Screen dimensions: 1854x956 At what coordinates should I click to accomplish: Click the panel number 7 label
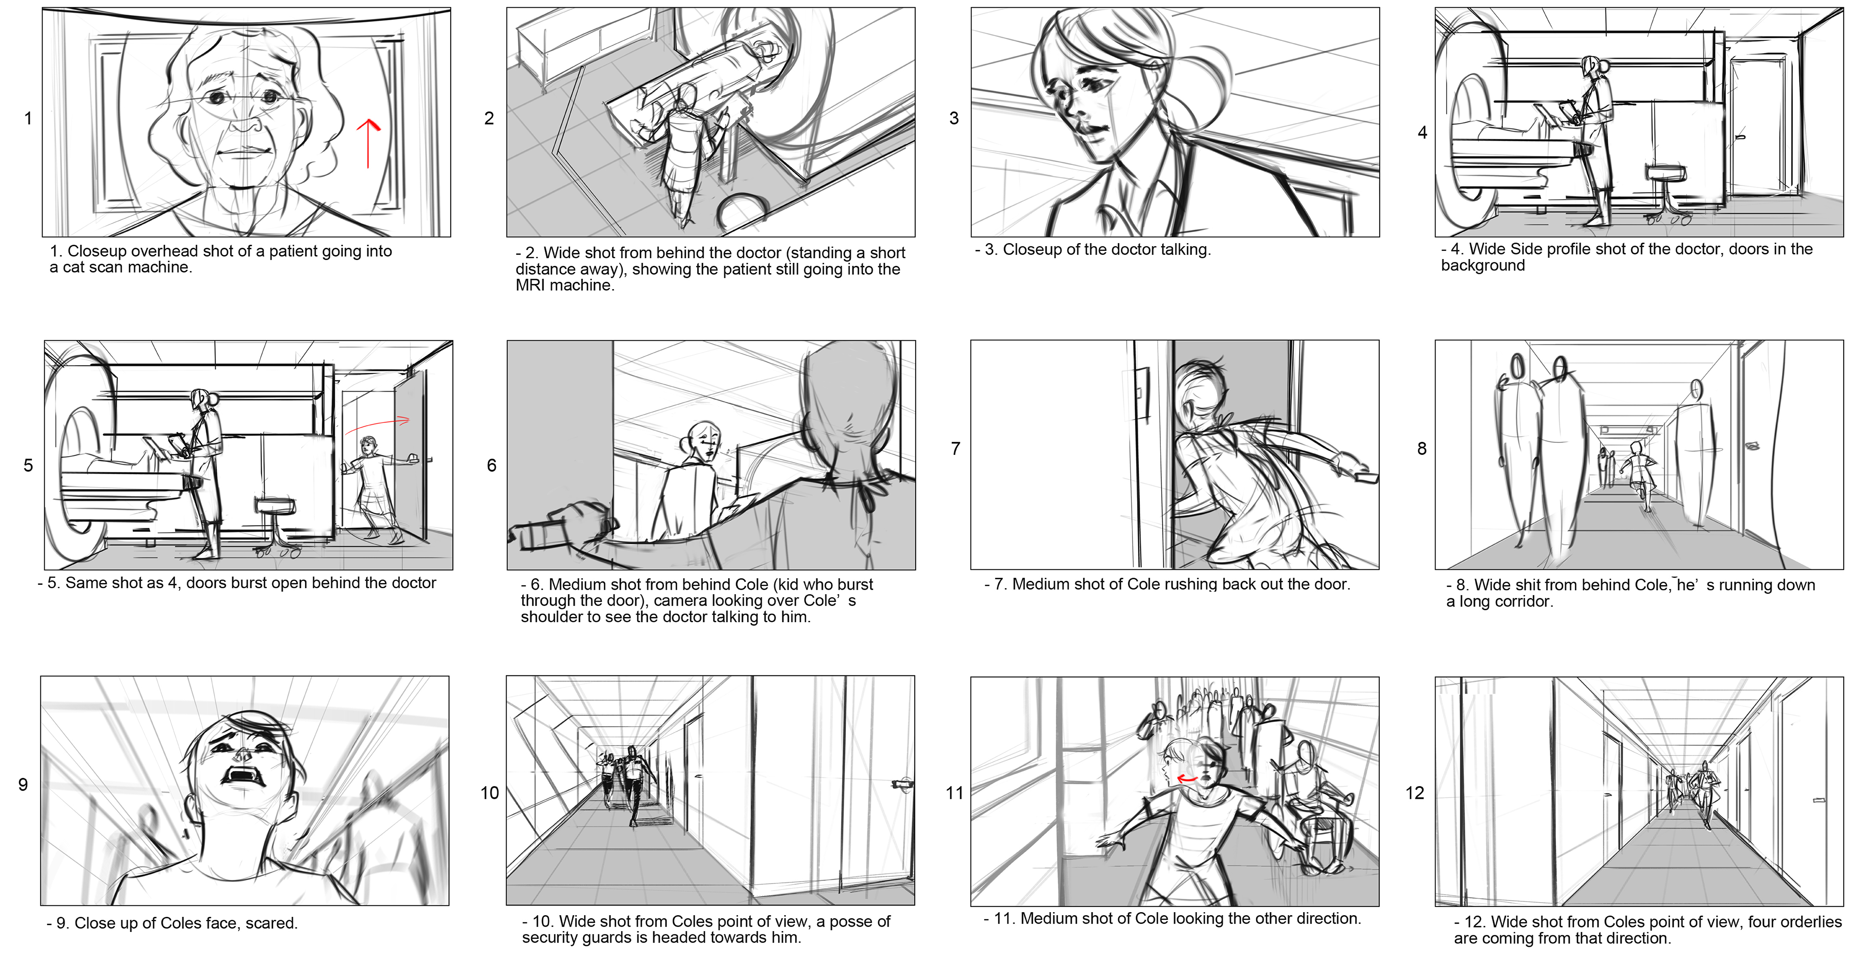[x=955, y=448]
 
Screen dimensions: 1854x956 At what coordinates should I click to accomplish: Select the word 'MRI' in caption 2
[x=530, y=285]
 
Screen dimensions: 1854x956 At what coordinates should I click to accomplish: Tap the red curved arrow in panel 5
[x=376, y=425]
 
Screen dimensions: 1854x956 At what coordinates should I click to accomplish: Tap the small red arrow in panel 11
[x=1187, y=779]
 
